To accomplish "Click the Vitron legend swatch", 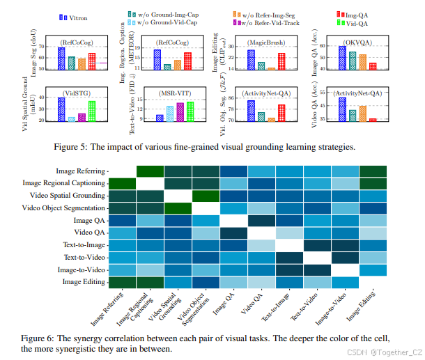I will coord(63,15).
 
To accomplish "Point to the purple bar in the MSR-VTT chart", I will coord(180,112).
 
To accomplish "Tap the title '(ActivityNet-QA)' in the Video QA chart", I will coord(357,93).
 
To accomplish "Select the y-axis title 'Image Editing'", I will coord(223,50).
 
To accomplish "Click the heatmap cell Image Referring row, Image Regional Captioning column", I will coord(150,171).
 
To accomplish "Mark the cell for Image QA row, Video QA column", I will coord(262,220).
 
